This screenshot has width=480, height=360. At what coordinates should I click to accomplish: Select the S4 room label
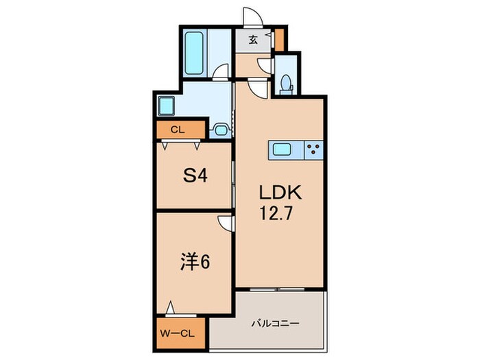[194, 176]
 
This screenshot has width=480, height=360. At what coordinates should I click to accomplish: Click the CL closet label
[177, 129]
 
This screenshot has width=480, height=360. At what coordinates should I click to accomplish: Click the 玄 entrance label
[253, 40]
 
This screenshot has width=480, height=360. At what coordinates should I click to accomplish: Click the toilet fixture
[285, 83]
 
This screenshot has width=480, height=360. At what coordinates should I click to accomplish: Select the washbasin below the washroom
[222, 128]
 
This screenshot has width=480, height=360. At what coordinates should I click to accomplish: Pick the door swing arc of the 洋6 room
[225, 222]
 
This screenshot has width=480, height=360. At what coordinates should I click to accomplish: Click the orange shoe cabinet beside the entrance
[278, 40]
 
